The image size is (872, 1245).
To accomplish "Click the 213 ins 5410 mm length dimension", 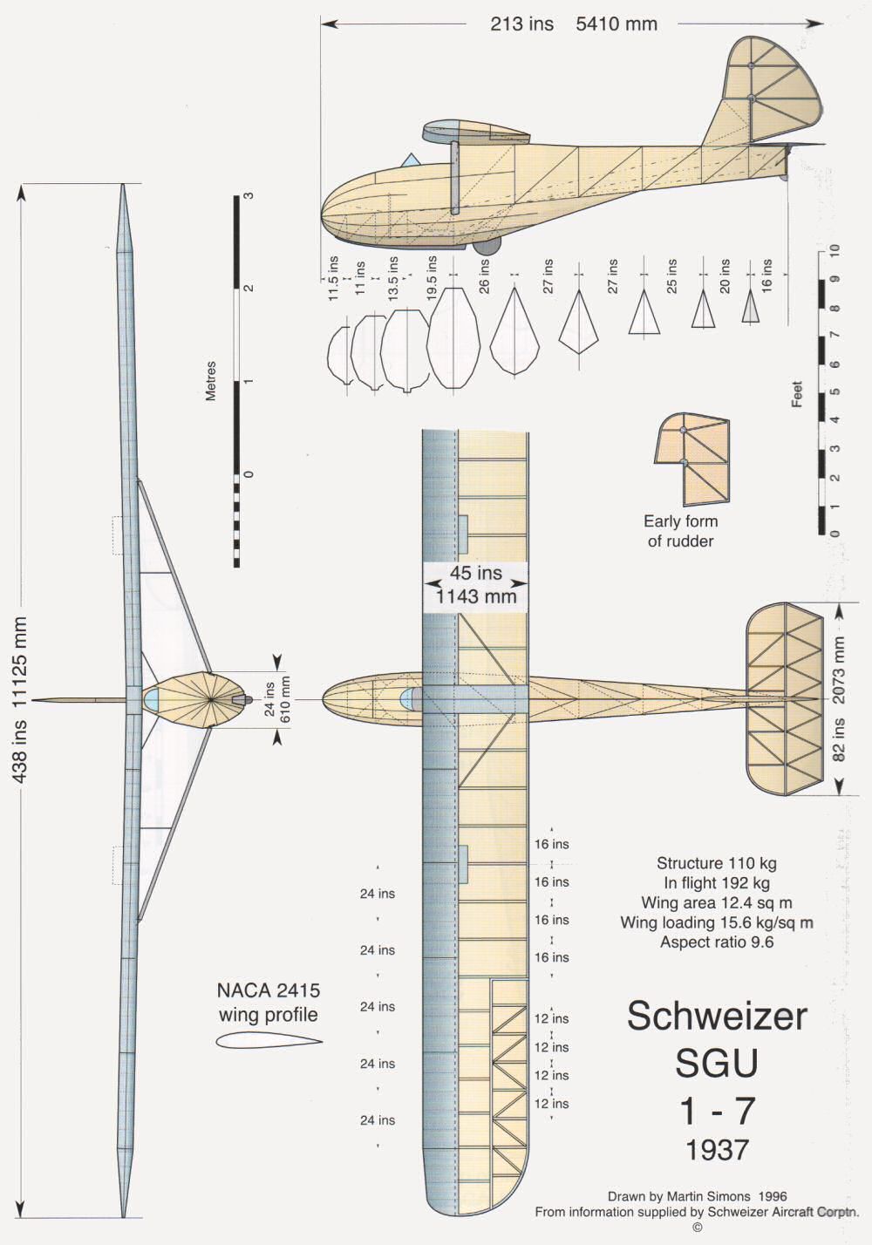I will pyautogui.click(x=573, y=24).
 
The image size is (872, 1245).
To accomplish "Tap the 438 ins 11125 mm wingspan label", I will pyautogui.click(x=19, y=697).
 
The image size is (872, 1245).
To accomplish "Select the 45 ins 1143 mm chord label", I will pyautogui.click(x=475, y=584).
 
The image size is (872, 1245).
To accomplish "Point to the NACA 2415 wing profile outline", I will pyautogui.click(x=268, y=1039).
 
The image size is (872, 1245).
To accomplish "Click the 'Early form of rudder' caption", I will pyautogui.click(x=680, y=531).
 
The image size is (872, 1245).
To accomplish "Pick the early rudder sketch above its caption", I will pyautogui.click(x=691, y=459).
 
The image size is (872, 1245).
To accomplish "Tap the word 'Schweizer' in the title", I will pyautogui.click(x=717, y=1016).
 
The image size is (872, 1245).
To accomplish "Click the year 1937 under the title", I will pyautogui.click(x=717, y=1149).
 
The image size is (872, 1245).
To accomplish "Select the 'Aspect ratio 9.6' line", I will pyautogui.click(x=717, y=942).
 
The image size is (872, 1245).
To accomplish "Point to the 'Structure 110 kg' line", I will pyautogui.click(x=717, y=863).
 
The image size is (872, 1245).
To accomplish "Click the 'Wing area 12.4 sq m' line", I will pyautogui.click(x=717, y=902).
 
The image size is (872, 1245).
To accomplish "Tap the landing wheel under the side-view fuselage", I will pyautogui.click(x=487, y=247).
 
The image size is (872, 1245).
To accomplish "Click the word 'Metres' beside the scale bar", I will pyautogui.click(x=210, y=381).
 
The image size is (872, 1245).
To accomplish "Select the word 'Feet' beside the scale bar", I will pyautogui.click(x=797, y=395).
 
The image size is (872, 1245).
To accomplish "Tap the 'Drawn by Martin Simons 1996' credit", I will pyautogui.click(x=697, y=1197).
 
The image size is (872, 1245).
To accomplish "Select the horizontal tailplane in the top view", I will pyautogui.click(x=785, y=697).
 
